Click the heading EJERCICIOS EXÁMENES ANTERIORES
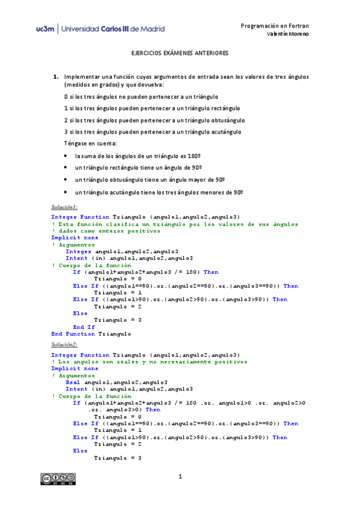[180, 54]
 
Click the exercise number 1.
[55, 77]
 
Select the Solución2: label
[65, 345]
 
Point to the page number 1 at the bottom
[180, 478]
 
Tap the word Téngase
[75, 144]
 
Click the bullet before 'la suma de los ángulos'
[66, 156]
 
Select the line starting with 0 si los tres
[141, 96]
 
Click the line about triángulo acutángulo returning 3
[153, 132]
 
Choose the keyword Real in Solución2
[73, 382]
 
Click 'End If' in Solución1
[84, 327]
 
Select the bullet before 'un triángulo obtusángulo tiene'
[66, 180]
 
